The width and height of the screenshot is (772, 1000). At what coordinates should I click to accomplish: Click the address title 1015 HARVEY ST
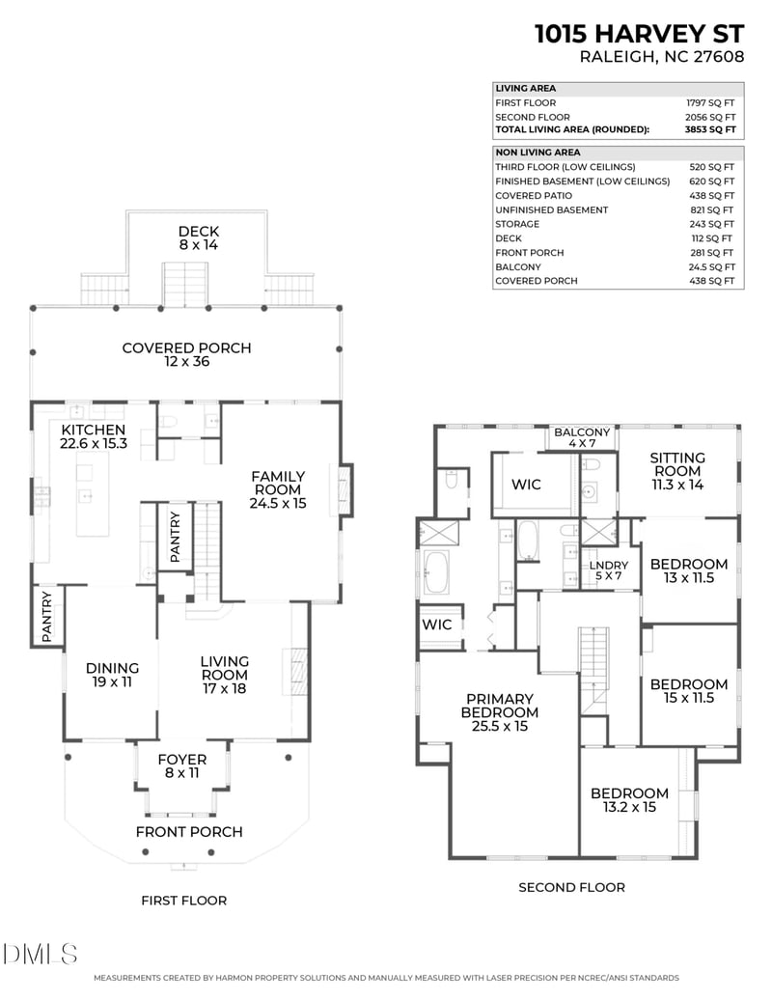coord(640,34)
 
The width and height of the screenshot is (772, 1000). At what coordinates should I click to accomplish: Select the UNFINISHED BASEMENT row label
coord(551,209)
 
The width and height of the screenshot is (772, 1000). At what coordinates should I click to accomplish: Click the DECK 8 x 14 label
coord(199,238)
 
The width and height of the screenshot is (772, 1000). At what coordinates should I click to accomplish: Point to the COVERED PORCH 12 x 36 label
coord(186,354)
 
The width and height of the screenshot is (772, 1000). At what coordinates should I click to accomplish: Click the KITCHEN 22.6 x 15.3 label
coord(94,436)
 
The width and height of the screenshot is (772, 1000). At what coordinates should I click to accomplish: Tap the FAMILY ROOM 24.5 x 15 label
coord(278,489)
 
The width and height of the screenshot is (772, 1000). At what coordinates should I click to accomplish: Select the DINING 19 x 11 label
coord(112,675)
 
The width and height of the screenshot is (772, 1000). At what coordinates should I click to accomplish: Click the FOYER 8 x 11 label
coord(181,766)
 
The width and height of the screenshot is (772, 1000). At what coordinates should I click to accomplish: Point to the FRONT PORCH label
coord(189,832)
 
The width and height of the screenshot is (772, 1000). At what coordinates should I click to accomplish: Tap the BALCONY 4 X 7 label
coord(582,438)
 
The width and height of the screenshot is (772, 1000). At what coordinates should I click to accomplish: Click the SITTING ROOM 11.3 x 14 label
coord(676,471)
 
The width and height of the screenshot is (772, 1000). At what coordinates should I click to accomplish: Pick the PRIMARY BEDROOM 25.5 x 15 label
coord(499,712)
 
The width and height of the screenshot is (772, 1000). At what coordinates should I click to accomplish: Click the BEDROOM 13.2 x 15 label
coord(629,800)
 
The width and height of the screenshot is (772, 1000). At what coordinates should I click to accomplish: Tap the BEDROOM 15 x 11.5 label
coord(688,691)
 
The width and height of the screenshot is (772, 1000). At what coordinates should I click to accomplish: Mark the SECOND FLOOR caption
coord(571,887)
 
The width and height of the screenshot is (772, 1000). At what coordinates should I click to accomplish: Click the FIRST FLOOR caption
coord(183,901)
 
